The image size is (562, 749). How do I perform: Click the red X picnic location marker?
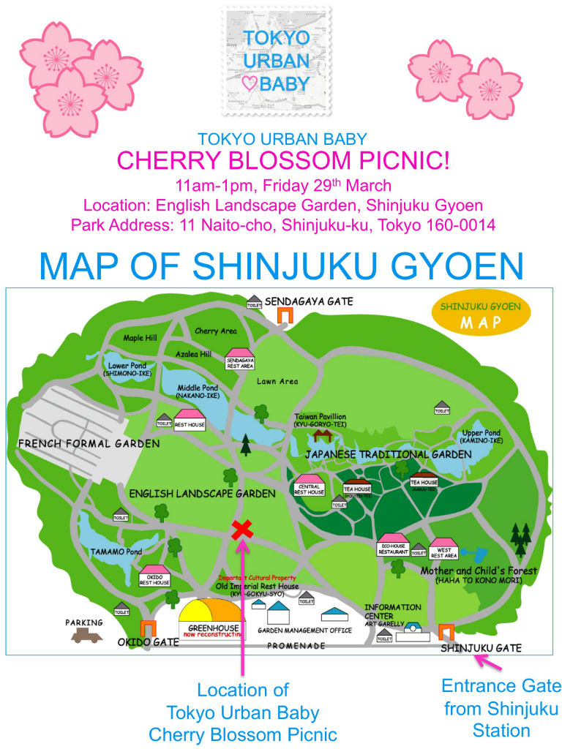tap(241, 530)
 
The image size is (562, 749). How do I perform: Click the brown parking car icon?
tap(86, 635)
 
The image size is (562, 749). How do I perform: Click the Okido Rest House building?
tap(154, 576)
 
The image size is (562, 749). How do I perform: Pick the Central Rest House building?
tap(310, 486)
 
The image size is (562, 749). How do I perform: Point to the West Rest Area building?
tap(443, 549)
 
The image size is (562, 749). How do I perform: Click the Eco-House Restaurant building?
tap(393, 546)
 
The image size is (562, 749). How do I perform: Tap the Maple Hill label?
tap(140, 338)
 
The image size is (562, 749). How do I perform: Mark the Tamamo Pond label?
tap(116, 552)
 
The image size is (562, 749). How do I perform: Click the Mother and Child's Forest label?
tap(479, 571)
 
